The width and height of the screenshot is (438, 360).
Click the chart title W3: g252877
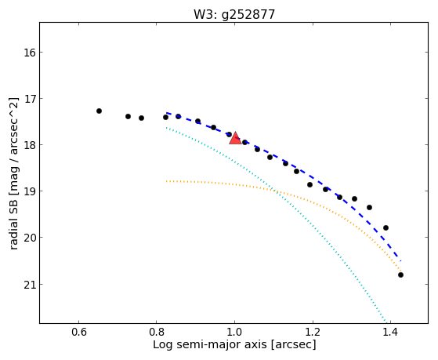point(234,15)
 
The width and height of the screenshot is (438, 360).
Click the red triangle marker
point(235,138)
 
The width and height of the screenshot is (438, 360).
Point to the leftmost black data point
point(99,111)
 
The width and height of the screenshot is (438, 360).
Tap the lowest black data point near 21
point(400,275)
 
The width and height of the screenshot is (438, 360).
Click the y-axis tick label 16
point(30,53)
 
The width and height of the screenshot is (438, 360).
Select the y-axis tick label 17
point(30,99)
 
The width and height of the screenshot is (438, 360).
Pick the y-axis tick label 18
point(30,145)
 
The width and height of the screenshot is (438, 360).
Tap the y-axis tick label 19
point(30,191)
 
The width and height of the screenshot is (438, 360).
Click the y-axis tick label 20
point(30,238)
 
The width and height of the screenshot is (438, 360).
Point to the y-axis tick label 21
point(30,285)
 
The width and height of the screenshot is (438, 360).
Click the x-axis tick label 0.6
point(79,332)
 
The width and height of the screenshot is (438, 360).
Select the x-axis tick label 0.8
point(157,332)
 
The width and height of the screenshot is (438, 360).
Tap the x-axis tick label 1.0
point(234,332)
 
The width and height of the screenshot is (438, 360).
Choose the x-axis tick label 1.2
point(313,332)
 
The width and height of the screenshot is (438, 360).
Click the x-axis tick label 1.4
point(390,332)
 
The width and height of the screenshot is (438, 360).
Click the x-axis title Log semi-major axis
point(209,345)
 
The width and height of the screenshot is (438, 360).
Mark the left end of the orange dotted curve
point(166,181)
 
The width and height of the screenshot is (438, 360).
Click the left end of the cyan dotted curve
point(166,128)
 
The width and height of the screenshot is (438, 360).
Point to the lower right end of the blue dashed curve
point(401,261)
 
